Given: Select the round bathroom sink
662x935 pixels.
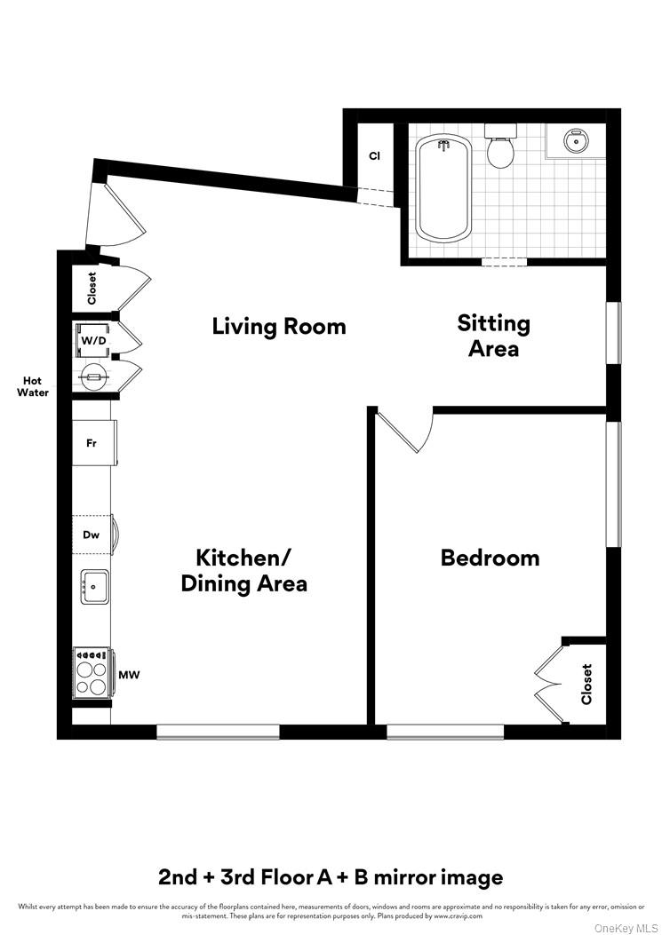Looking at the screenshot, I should pos(576,139).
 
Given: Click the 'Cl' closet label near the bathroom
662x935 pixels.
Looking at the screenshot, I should pos(375,156).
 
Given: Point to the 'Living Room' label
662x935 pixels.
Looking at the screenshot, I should pos(278,326).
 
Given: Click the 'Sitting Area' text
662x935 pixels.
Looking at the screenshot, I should pos(493,336).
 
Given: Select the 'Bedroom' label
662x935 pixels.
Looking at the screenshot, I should pos(490,558).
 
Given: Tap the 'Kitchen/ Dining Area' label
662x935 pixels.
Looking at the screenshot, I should pos(243,570).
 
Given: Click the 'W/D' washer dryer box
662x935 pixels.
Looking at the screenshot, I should pos(92,339).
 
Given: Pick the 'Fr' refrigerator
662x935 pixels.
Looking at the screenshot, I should pos(92,442).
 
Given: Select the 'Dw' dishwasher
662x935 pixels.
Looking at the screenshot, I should pos(92,535).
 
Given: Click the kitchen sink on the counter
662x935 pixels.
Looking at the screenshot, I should pos(94,586).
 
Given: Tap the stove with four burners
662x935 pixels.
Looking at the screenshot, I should pos(92,672).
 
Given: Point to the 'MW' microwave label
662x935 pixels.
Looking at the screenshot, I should pos(130,675).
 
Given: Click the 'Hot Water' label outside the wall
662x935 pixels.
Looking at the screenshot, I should pos(33,386).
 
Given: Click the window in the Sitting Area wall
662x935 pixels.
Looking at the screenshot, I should pos(613,333).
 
